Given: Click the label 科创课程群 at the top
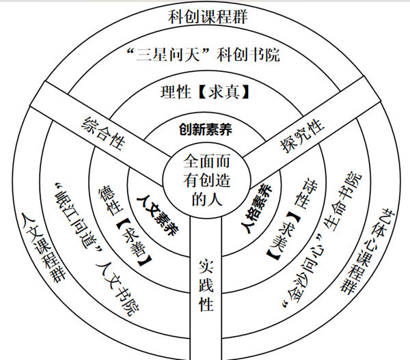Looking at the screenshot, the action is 208,17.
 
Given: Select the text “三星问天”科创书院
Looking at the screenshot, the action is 203,55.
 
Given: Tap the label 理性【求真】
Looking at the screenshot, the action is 204,92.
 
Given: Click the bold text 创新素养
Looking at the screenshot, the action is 206,129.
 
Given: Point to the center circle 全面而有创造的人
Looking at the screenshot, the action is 206,180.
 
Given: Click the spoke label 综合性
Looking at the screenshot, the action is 104,133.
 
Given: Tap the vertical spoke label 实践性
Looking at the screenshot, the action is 206,286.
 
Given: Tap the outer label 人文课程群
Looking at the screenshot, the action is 44,247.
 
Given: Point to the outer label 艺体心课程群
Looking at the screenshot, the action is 368,251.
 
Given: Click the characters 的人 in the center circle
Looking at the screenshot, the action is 207,199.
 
